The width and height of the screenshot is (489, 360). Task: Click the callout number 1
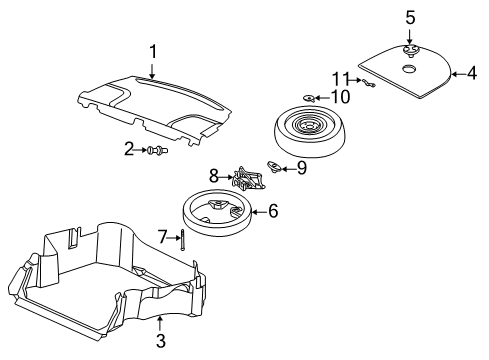152,51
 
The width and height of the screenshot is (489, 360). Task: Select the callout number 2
128,149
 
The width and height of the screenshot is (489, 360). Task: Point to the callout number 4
471,72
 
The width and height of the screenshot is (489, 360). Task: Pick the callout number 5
410,17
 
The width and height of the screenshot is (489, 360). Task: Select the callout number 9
302,169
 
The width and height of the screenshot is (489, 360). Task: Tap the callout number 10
340,97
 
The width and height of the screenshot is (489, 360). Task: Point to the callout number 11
340,79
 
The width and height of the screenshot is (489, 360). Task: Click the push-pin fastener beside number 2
156,151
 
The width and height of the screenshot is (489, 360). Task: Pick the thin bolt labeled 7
184,240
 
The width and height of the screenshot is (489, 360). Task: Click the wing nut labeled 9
275,166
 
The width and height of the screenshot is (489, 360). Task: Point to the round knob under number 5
410,49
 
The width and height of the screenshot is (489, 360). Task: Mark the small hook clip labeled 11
369,84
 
